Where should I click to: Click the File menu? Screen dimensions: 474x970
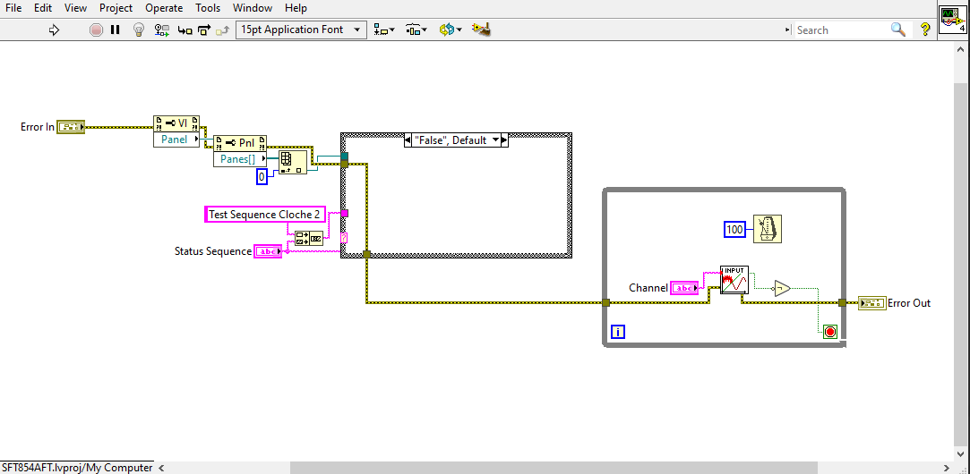[13, 8]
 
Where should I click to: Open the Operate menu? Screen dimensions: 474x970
[164, 8]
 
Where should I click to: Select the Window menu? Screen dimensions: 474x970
[253, 8]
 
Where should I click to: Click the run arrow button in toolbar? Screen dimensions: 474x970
[54, 30]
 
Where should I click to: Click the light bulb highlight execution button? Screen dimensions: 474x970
[139, 30]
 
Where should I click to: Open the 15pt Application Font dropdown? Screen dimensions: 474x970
[301, 30]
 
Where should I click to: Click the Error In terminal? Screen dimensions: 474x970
[71, 127]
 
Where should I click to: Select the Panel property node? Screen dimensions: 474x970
[176, 140]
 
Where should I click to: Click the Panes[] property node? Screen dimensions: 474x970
[238, 159]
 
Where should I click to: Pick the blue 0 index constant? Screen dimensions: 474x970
[262, 177]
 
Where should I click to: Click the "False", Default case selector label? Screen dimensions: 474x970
[451, 140]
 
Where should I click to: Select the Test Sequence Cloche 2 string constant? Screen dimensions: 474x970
[264, 215]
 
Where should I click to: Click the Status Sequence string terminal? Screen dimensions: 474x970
[268, 252]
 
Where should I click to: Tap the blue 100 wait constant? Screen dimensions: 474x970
[734, 230]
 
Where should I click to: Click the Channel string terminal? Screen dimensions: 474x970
[683, 288]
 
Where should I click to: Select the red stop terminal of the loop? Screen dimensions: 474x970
[830, 332]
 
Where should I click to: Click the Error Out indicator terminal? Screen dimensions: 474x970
[871, 303]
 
